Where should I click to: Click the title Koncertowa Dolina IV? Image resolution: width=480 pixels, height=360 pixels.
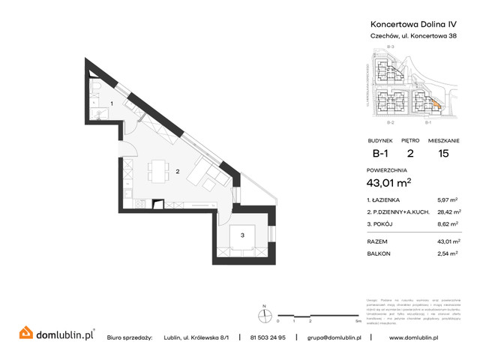coord(409,23)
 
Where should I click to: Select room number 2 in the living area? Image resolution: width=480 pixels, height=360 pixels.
coord(177,172)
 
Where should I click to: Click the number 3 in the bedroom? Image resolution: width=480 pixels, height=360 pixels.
coord(242,235)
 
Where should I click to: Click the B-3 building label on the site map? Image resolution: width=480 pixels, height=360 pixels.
coord(390,48)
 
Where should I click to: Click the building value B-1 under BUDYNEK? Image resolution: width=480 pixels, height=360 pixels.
coord(381,154)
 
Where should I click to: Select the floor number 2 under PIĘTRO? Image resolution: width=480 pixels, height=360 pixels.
coord(409,154)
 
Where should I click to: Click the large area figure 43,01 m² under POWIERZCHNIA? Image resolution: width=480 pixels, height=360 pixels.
coord(391,183)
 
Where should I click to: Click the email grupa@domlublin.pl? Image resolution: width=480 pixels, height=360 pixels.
coord(334,337)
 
